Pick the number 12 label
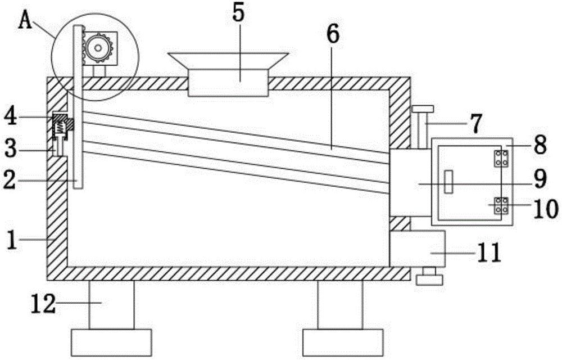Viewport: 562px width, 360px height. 44,304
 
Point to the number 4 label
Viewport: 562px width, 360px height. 12,118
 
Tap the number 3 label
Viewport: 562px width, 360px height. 12,150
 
